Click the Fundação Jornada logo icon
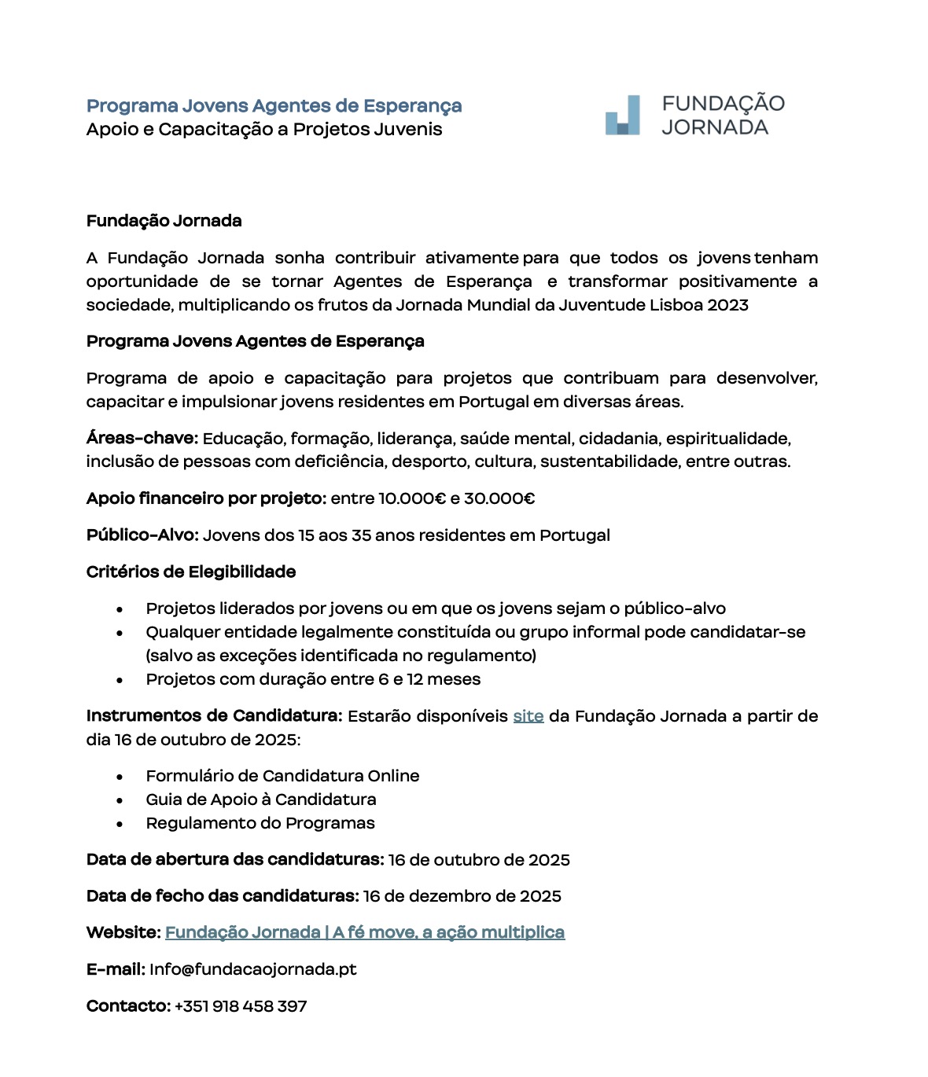pyautogui.click(x=622, y=116)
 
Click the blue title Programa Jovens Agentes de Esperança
pyautogui.click(x=274, y=106)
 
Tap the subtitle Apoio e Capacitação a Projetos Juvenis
pyautogui.click(x=264, y=130)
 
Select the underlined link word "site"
pyautogui.click(x=528, y=716)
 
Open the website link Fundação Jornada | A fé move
pyautogui.click(x=364, y=932)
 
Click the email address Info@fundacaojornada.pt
pyautogui.click(x=252, y=969)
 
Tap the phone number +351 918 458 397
pyautogui.click(x=240, y=1006)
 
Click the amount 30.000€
pyautogui.click(x=499, y=498)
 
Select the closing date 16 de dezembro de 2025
pyautogui.click(x=462, y=896)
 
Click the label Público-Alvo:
pyautogui.click(x=142, y=535)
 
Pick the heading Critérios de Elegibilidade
pyautogui.click(x=191, y=572)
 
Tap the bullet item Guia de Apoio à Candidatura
pyautogui.click(x=261, y=799)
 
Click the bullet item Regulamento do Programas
pyautogui.click(x=260, y=823)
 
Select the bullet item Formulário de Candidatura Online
pyautogui.click(x=282, y=776)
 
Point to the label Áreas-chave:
pyautogui.click(x=142, y=438)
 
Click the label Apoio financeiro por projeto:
pyautogui.click(x=206, y=498)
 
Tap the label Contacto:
pyautogui.click(x=128, y=1006)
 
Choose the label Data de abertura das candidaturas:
pyautogui.click(x=235, y=859)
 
